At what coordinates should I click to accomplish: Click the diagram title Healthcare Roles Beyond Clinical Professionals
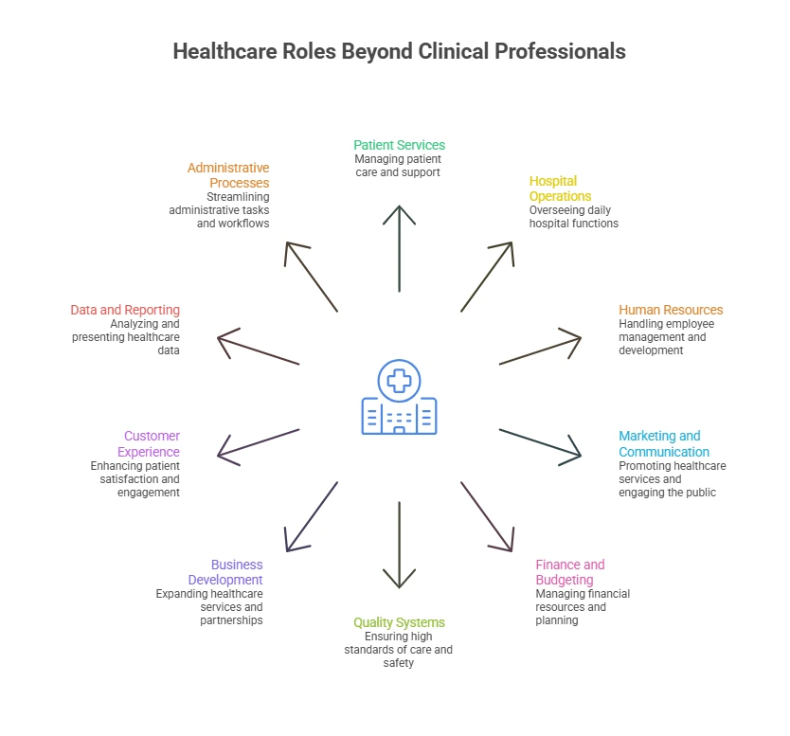[x=399, y=51]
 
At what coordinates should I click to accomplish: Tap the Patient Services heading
[x=399, y=145]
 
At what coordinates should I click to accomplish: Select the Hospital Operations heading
[x=560, y=188]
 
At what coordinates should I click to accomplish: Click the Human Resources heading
[x=671, y=310]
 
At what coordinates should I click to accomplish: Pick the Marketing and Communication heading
[x=664, y=444]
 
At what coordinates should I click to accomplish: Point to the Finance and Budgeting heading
[x=570, y=572]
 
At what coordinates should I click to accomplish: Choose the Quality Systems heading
[x=399, y=622]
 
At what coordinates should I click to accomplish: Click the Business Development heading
[x=225, y=572]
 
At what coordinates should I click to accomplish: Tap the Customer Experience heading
[x=149, y=444]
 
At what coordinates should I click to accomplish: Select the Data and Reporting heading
[x=125, y=310]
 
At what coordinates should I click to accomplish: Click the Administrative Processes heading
[x=228, y=175]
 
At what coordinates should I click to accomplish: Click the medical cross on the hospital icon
[x=399, y=381]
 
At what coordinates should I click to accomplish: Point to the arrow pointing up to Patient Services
[x=399, y=248]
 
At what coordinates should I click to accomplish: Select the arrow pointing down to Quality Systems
[x=399, y=545]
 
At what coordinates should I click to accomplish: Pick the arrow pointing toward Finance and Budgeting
[x=487, y=517]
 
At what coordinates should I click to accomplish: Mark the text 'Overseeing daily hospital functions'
[x=573, y=217]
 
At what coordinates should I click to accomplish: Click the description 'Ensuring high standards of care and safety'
[x=398, y=650]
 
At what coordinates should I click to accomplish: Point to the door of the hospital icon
[x=399, y=430]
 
